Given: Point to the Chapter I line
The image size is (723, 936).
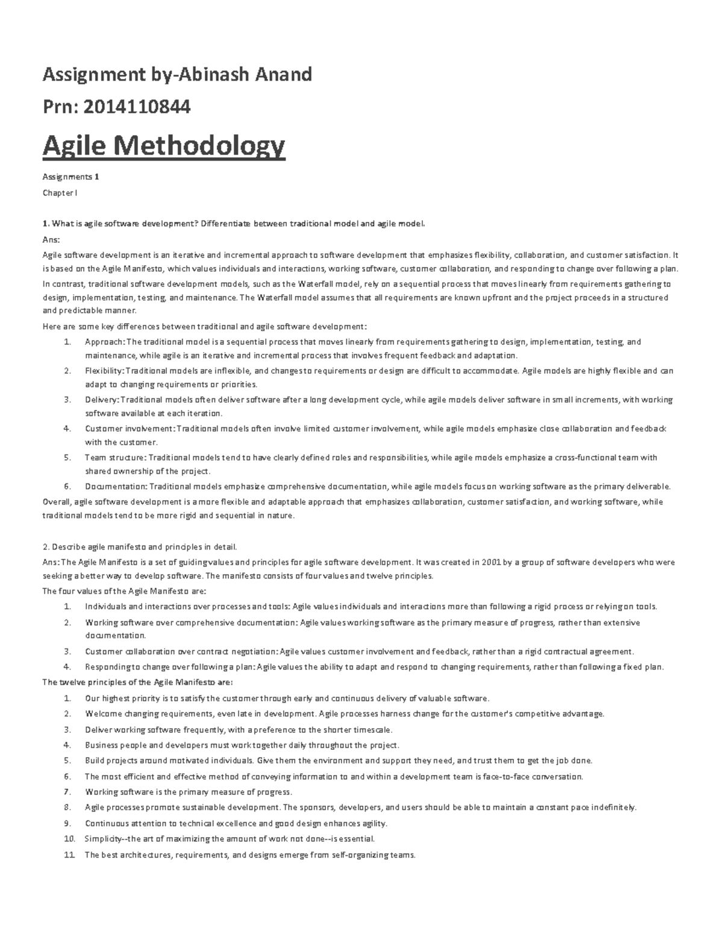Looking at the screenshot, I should point(60,193).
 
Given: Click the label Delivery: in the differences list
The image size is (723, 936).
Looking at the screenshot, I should point(102,400).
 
